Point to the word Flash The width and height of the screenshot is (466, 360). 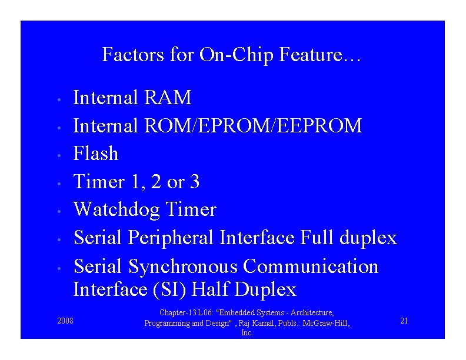pyautogui.click(x=95, y=154)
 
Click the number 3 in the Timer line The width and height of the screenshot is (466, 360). pyautogui.click(x=194, y=182)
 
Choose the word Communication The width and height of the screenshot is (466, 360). pyautogui.click(x=311, y=266)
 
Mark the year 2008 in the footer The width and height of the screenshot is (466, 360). pyautogui.click(x=65, y=321)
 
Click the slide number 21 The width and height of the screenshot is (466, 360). pyautogui.click(x=404, y=321)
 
